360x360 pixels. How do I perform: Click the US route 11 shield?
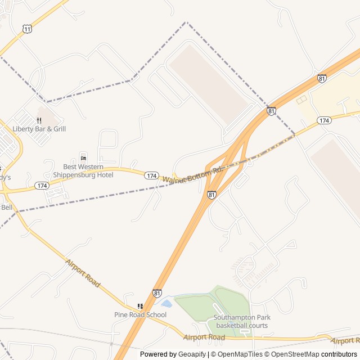coord(28,28)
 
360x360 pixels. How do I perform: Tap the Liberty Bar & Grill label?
coord(39,129)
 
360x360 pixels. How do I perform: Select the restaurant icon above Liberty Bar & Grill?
coord(39,120)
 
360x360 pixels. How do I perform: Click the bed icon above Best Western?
coord(83,156)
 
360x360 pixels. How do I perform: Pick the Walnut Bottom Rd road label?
coord(193,175)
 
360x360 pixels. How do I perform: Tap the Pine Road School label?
coord(140,314)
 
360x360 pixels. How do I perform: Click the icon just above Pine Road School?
coord(140,306)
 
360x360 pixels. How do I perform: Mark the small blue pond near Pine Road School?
coord(166,303)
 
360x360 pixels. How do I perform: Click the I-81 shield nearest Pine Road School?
coord(157,293)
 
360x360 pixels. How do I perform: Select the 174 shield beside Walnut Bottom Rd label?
coord(151,175)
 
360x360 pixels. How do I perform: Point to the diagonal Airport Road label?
coord(83,274)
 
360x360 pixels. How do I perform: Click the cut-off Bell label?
coord(6,207)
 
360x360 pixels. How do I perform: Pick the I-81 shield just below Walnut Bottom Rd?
coord(211,195)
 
